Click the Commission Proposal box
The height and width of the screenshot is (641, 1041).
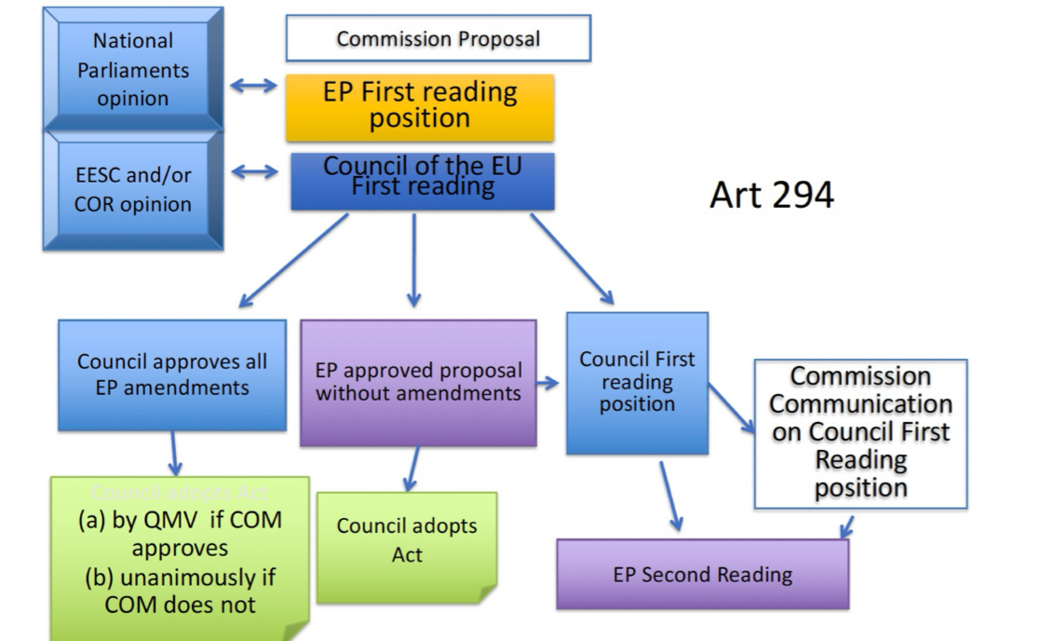pos(438,39)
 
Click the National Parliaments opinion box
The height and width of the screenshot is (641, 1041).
pos(132,70)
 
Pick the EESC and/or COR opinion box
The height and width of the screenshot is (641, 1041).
pos(132,190)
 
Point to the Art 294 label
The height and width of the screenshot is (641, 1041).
pos(771,195)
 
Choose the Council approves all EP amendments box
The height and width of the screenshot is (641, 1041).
pos(172,375)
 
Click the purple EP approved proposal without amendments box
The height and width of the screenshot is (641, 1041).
pos(418,382)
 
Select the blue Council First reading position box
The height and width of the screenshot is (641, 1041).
pos(637,382)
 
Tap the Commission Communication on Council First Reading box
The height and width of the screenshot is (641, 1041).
pos(860,432)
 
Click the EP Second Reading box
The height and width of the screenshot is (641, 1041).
pos(702,574)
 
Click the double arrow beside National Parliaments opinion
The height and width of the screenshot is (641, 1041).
pos(254,86)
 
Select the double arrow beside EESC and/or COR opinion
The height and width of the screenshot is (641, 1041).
pos(254,171)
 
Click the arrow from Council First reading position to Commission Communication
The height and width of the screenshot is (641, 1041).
pos(732,408)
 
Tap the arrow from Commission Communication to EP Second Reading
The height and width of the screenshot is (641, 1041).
pos(846,525)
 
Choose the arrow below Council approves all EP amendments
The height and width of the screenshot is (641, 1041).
pos(174,454)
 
